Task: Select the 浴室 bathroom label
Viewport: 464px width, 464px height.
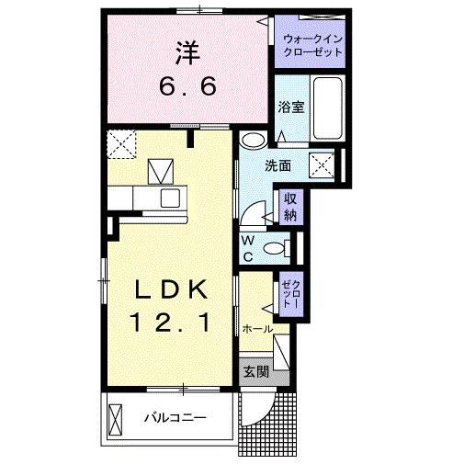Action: coord(292,107)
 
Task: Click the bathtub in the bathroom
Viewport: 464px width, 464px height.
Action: coord(327,108)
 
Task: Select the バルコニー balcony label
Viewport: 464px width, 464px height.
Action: coord(174,418)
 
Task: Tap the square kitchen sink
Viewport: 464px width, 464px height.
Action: coord(171,198)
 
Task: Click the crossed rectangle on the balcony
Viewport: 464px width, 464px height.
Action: coord(117,420)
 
